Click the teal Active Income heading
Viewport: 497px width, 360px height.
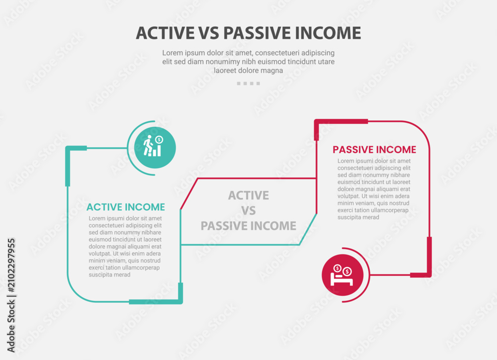[126, 207]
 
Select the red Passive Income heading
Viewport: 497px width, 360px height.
[374, 150]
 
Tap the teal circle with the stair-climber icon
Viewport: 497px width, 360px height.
[155, 148]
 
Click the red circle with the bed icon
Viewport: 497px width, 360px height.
[342, 275]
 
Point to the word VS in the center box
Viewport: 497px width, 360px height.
[248, 211]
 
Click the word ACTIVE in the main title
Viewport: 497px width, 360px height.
[165, 33]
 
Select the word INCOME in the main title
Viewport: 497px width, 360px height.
[328, 33]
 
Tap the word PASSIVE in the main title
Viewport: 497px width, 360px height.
[257, 33]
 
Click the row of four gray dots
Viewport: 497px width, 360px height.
[248, 84]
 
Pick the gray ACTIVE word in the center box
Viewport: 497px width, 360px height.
[248, 195]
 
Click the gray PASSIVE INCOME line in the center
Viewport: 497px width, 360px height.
[248, 226]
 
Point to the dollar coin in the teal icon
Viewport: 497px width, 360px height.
[159, 139]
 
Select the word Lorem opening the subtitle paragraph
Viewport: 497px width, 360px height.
[173, 53]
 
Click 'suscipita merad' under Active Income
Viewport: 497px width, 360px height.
[109, 274]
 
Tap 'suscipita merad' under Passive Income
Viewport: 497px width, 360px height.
[358, 217]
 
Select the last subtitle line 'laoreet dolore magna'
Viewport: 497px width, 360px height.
[248, 71]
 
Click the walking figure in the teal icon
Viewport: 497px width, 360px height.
[148, 145]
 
